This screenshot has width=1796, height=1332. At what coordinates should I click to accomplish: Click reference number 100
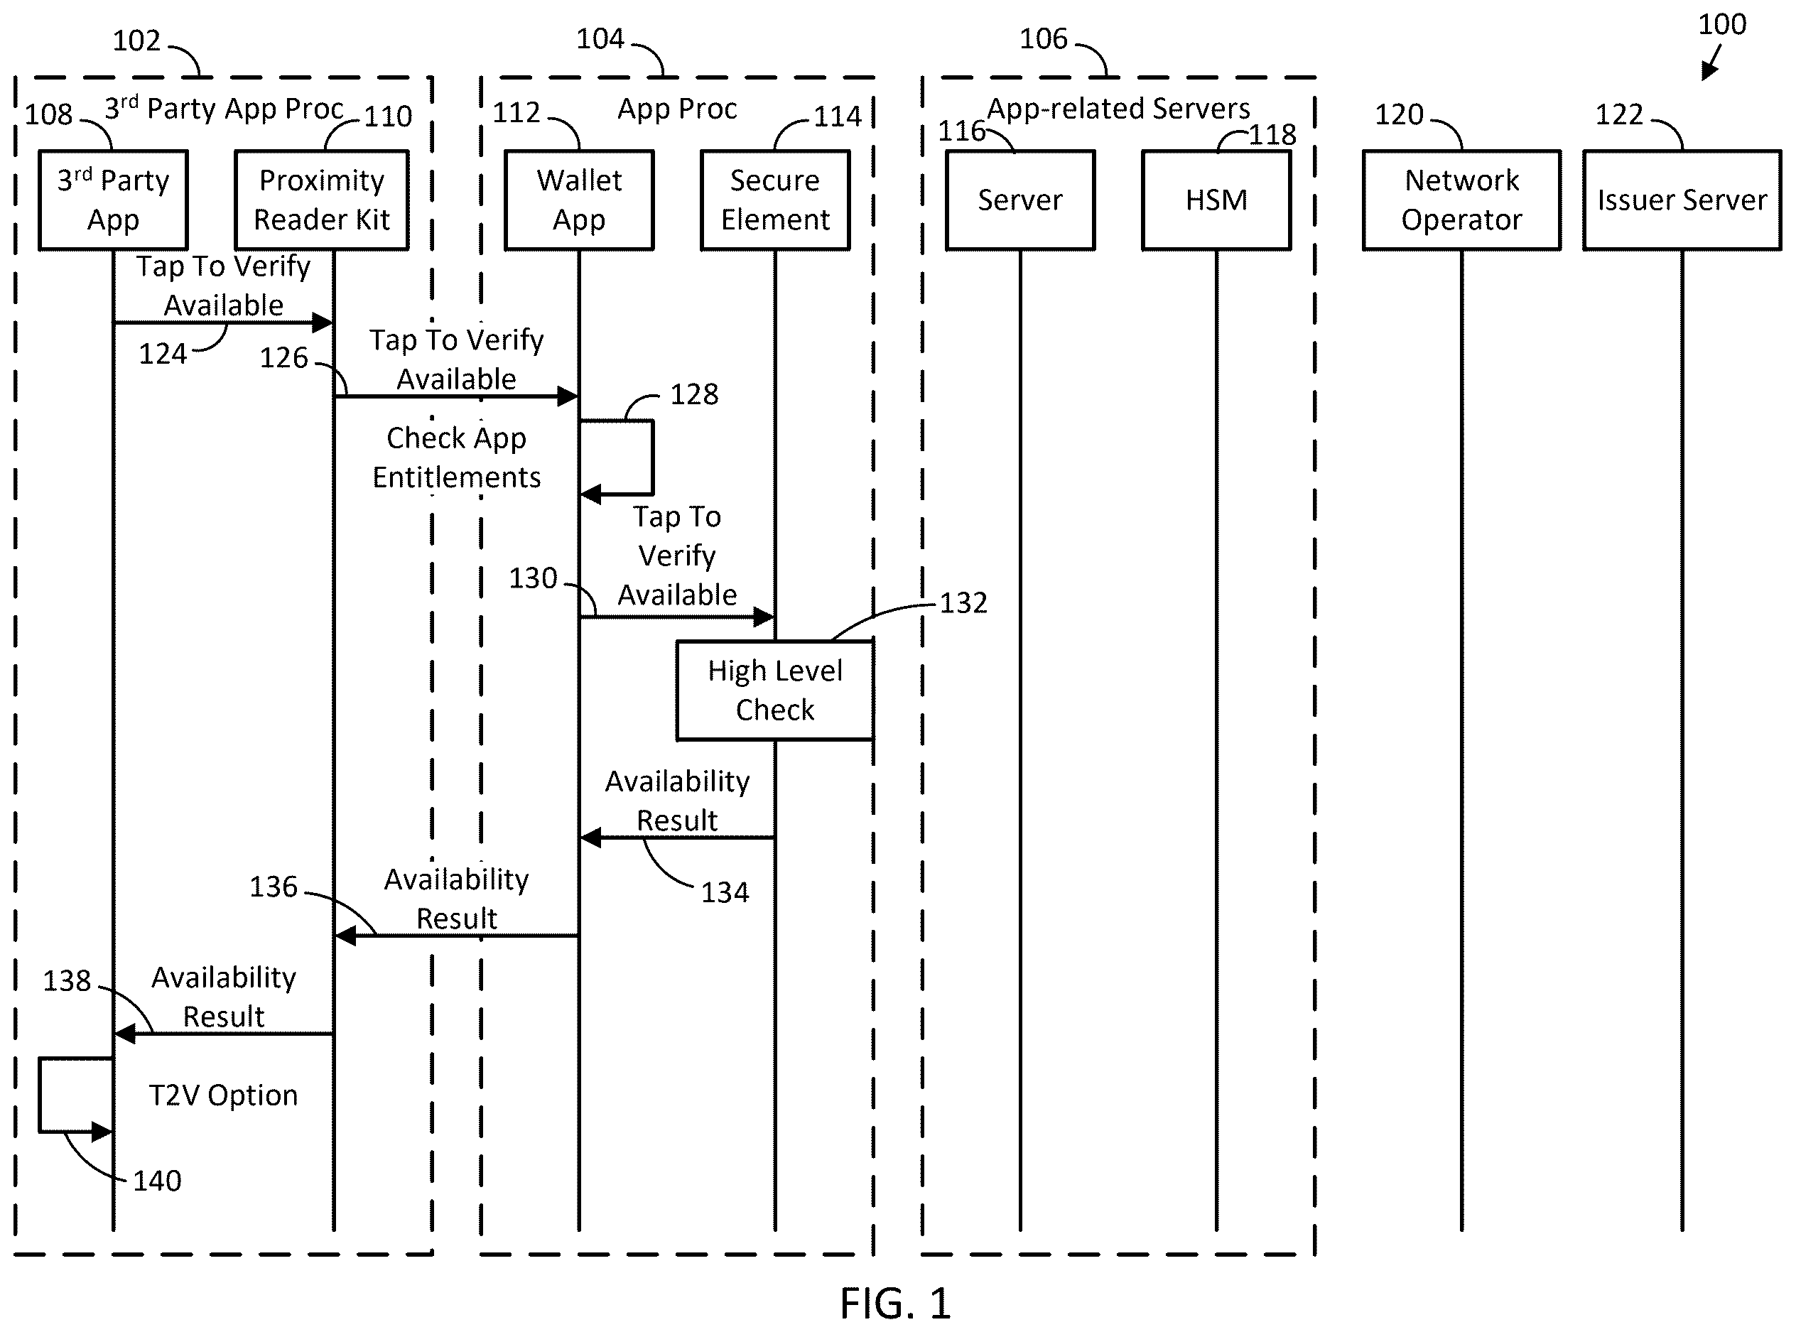(x=1722, y=24)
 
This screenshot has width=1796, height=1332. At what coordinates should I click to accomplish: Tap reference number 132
(x=963, y=603)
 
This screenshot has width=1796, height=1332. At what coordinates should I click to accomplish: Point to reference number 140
(x=156, y=1181)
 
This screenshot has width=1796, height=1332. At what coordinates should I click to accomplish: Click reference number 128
(x=694, y=394)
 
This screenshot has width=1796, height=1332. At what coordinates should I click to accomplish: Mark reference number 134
(x=725, y=892)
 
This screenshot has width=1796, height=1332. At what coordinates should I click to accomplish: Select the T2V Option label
(x=223, y=1095)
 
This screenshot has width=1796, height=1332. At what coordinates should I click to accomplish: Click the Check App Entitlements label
(x=456, y=457)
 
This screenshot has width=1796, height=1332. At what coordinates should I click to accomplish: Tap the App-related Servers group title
(x=1119, y=109)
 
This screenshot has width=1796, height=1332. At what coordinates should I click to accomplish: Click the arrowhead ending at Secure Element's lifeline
(x=764, y=617)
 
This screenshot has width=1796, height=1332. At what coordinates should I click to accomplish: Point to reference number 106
(x=1043, y=38)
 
